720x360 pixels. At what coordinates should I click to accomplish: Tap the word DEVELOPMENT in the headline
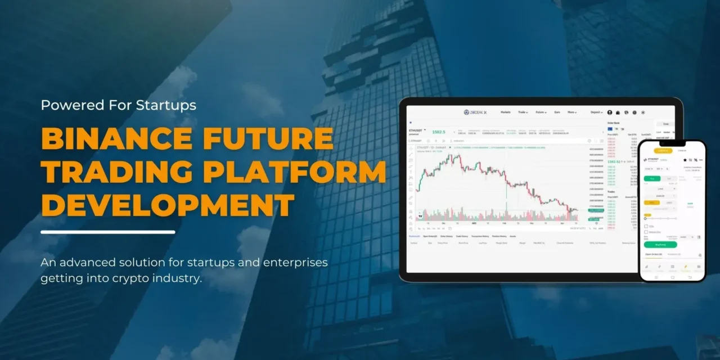click(x=168, y=205)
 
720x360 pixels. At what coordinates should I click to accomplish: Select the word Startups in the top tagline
click(x=166, y=105)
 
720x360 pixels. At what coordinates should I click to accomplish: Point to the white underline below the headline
click(x=108, y=232)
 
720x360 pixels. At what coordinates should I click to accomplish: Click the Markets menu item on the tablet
click(x=505, y=112)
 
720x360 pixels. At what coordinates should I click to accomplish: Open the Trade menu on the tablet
click(x=523, y=112)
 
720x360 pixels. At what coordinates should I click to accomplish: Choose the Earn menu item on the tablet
click(x=557, y=112)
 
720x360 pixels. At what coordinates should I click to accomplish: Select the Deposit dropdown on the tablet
click(x=596, y=112)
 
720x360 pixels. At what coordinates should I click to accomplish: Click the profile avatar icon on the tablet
click(x=610, y=112)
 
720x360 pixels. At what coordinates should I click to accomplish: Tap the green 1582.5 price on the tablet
click(x=439, y=132)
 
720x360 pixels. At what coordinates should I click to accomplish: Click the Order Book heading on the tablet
click(x=613, y=122)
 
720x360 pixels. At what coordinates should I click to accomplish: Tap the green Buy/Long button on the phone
click(x=660, y=245)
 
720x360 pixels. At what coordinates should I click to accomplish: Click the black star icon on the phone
click(x=685, y=160)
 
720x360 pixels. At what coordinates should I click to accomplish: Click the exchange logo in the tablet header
click(x=475, y=112)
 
